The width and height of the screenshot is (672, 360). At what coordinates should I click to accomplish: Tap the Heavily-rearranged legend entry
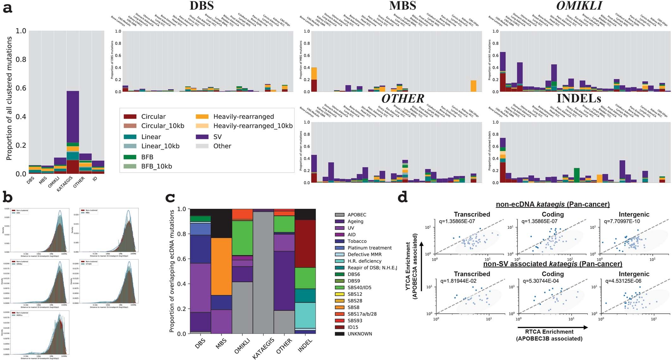pyautogui.click(x=243, y=117)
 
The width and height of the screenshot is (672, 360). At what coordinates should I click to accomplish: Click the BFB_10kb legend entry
pyautogui.click(x=157, y=166)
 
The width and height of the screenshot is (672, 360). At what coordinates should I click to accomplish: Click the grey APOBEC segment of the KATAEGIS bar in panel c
pyautogui.click(x=263, y=272)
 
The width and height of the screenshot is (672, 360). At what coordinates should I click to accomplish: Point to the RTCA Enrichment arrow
pyautogui.click(x=552, y=327)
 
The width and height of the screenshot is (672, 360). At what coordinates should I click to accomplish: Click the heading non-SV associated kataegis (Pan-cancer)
pyautogui.click(x=553, y=264)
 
